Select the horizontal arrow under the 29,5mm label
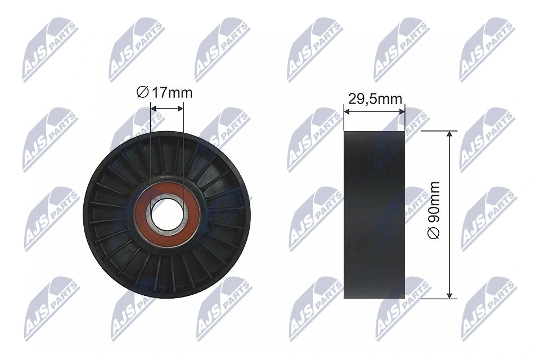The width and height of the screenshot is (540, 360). [374, 112]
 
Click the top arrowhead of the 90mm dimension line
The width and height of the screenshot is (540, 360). [449, 136]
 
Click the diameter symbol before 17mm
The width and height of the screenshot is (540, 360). [143, 93]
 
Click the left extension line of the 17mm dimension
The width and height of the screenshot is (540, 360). [151, 146]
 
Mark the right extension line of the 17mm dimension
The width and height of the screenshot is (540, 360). [183, 146]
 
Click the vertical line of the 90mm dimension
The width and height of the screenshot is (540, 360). [449, 186]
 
